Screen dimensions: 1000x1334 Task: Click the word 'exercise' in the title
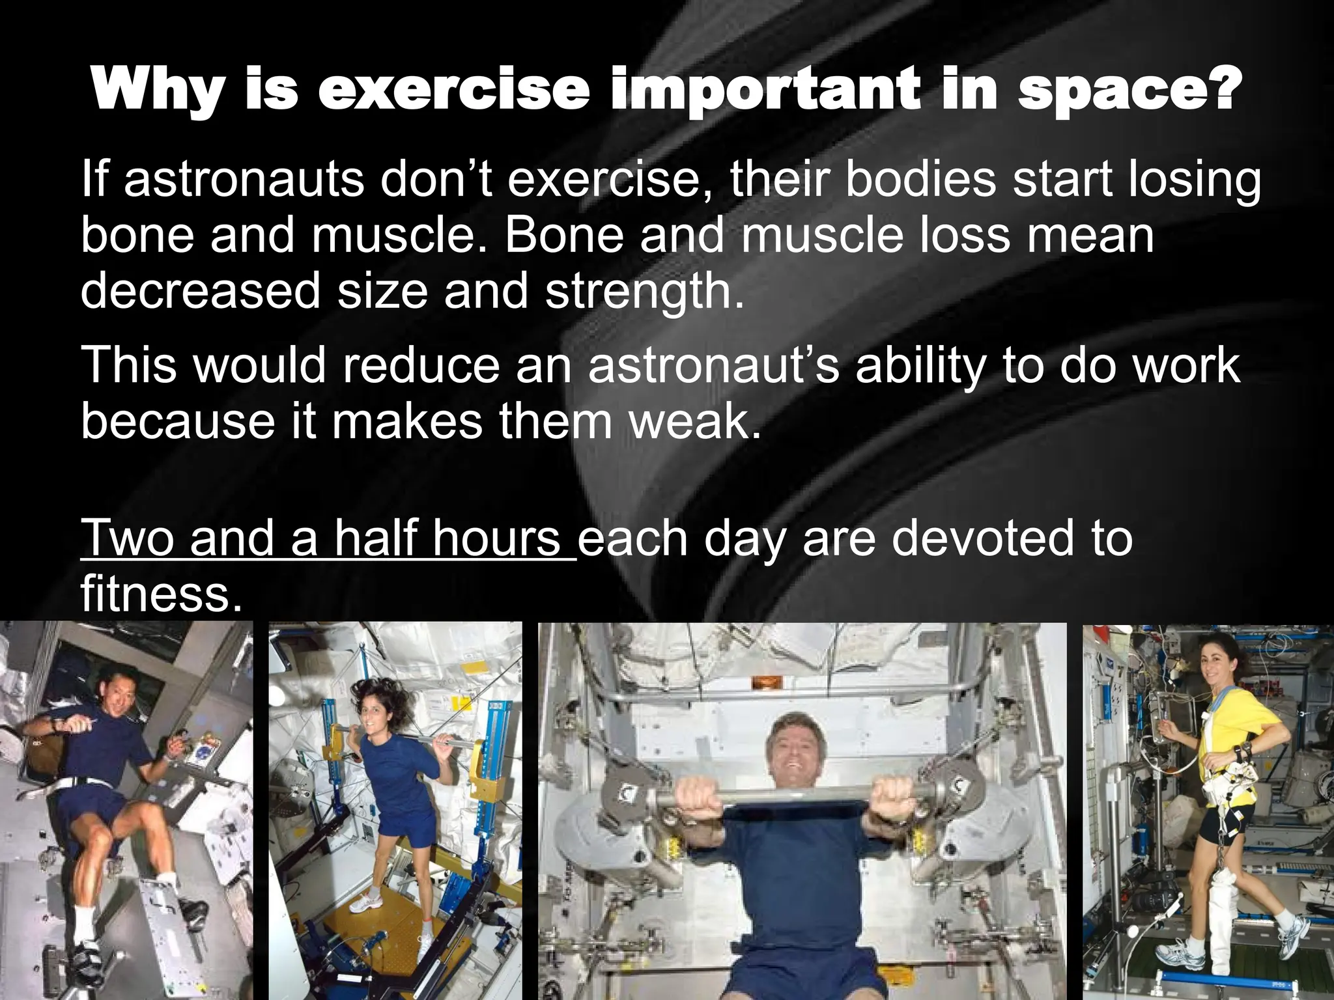[x=453, y=91]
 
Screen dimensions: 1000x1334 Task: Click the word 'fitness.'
[x=156, y=594]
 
